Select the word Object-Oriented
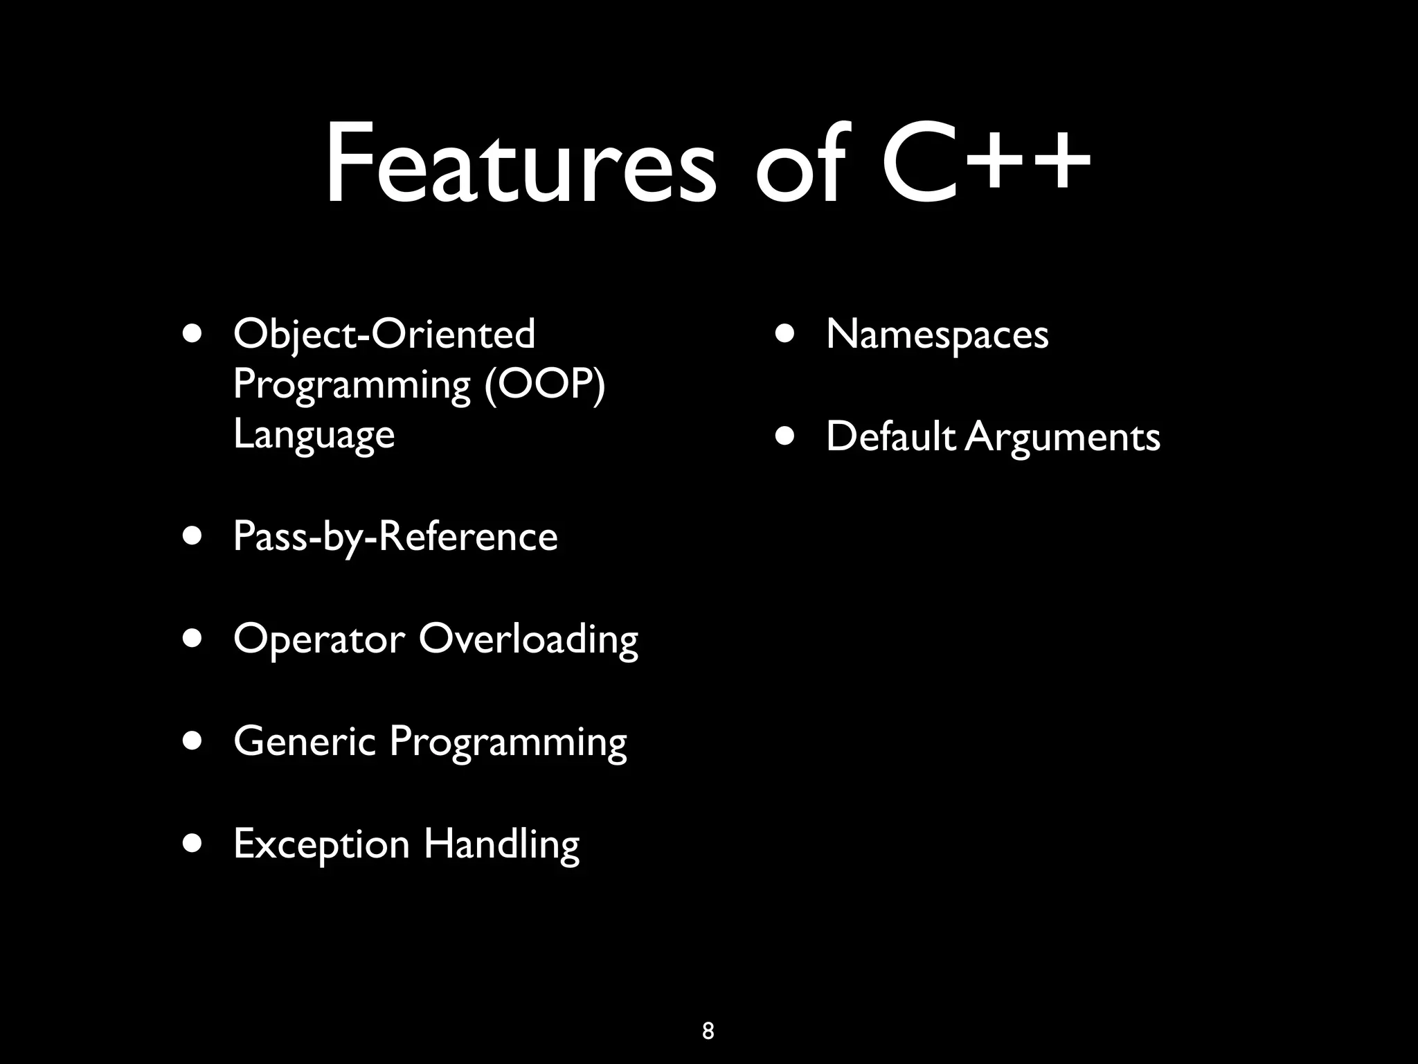384,334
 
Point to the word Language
314,435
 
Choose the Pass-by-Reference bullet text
395,537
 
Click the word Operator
319,639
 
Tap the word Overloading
528,639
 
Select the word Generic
305,741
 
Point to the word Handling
502,844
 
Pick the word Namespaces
937,335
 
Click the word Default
890,436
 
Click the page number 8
708,1031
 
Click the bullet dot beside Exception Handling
193,844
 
